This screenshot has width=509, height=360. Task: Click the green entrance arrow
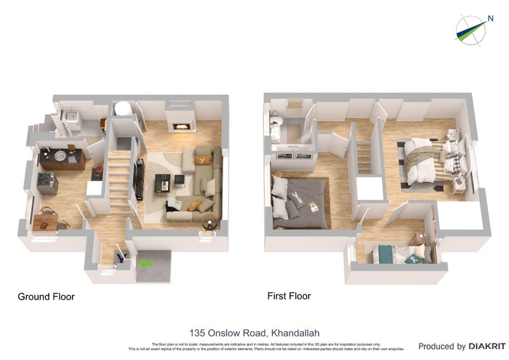[x=147, y=262]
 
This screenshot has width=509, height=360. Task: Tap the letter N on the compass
[x=490, y=18]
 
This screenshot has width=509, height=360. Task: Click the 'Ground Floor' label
[x=46, y=296]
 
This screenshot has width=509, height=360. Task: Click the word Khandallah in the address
[x=295, y=333]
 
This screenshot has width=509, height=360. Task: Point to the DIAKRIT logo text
[x=487, y=347]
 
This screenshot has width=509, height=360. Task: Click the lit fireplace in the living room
[x=182, y=127]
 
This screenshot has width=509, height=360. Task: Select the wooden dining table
[x=45, y=221]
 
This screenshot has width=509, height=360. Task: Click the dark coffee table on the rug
[x=162, y=184]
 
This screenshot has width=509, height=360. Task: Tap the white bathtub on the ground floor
[x=123, y=109]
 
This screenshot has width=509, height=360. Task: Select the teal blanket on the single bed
[x=385, y=254]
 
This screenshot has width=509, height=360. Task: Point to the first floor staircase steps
[x=363, y=156]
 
